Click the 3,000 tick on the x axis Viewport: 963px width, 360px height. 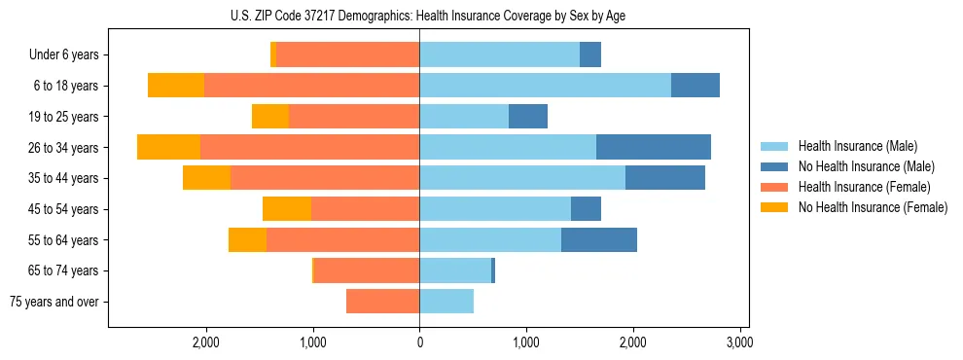(739, 342)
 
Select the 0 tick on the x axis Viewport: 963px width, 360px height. (419, 342)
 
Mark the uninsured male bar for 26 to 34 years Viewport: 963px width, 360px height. (653, 147)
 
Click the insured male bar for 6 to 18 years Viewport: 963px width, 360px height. (545, 86)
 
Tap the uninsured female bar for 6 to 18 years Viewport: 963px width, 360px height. (176, 86)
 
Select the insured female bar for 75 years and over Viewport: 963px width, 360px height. (382, 302)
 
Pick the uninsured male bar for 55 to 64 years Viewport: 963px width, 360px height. (598, 239)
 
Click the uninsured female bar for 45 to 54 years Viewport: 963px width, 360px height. (287, 209)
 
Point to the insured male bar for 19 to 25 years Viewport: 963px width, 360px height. (464, 117)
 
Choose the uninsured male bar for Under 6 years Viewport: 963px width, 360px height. (589, 55)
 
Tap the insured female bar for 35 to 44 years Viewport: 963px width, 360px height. (325, 178)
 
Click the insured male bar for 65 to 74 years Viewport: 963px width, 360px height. (455, 270)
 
